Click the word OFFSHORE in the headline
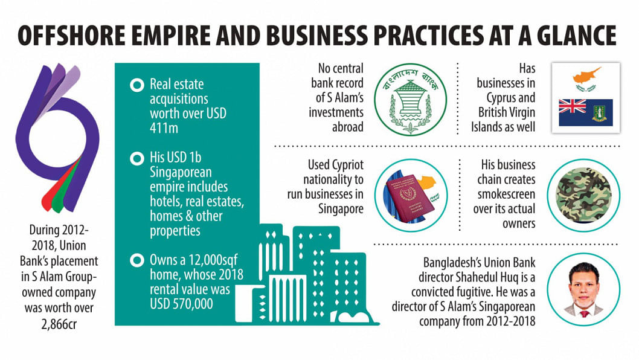pos(72,36)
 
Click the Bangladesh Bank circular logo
pos(410,99)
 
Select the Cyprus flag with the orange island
pos(586,80)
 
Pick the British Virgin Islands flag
pos(586,112)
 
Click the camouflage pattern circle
pos(583,196)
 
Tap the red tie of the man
pos(584,313)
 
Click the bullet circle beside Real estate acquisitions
pos(137,85)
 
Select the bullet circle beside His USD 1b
pos(137,158)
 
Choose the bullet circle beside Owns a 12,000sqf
pos(137,260)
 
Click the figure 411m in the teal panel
pos(164,128)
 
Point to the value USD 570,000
pos(181,304)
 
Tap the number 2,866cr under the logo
pos(59,324)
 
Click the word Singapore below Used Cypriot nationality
pos(341,209)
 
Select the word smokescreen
pos(506,194)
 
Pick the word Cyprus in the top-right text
pos(501,98)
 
